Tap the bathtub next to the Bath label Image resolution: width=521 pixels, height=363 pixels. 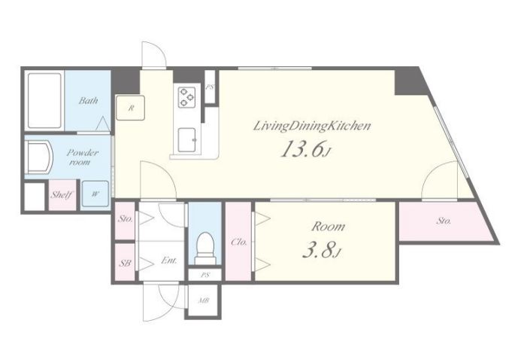tap(45, 100)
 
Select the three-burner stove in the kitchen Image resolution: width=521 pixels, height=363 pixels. tap(186, 97)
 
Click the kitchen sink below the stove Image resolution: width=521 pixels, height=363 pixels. tap(187, 140)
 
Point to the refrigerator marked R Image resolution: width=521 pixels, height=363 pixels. tap(131, 108)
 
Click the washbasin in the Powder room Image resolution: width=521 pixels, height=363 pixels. tap(39, 157)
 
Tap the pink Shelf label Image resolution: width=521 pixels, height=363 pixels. tap(62, 194)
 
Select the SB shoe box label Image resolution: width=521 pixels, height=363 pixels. tap(125, 263)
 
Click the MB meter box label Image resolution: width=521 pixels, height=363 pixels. tap(204, 300)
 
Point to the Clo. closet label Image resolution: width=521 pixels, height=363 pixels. tap(239, 243)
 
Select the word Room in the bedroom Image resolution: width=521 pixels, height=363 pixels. tap(328, 227)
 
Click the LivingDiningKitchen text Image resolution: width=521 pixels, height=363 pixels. tap(312, 126)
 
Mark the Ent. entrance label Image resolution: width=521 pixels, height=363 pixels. tap(169, 261)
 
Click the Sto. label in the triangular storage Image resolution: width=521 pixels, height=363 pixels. tap(444, 221)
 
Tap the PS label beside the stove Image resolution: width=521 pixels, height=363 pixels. tap(209, 87)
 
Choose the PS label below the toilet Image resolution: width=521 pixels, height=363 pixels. tap(205, 275)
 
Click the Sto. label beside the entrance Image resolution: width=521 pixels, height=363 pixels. tap(126, 219)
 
